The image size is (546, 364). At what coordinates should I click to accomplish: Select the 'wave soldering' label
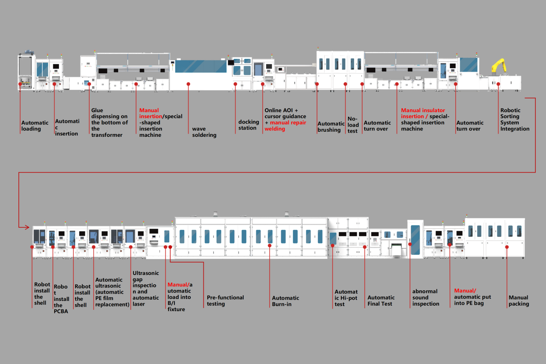(x=204, y=132)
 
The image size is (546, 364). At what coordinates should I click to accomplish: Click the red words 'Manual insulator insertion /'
(x=423, y=113)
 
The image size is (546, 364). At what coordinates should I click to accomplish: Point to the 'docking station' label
(x=248, y=125)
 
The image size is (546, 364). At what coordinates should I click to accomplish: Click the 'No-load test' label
(x=353, y=125)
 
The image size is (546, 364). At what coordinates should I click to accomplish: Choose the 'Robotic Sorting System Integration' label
(x=515, y=119)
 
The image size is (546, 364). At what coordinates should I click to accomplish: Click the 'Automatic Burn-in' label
(x=285, y=301)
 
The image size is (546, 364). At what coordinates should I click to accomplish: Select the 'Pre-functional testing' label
(x=225, y=300)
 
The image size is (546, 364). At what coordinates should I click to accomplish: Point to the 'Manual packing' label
(x=518, y=300)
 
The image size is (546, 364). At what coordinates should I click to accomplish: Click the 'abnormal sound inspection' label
(x=425, y=298)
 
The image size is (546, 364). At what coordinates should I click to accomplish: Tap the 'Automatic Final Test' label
(x=381, y=300)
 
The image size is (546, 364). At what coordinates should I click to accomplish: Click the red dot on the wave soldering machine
(x=188, y=84)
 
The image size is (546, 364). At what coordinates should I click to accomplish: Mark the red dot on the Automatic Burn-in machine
(x=270, y=246)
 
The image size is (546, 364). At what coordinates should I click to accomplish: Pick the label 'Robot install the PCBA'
(x=61, y=299)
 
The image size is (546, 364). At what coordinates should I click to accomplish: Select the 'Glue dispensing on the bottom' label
(x=110, y=122)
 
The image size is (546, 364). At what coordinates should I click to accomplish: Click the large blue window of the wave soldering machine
(x=201, y=66)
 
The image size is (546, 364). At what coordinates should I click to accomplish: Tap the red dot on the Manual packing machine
(x=507, y=246)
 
